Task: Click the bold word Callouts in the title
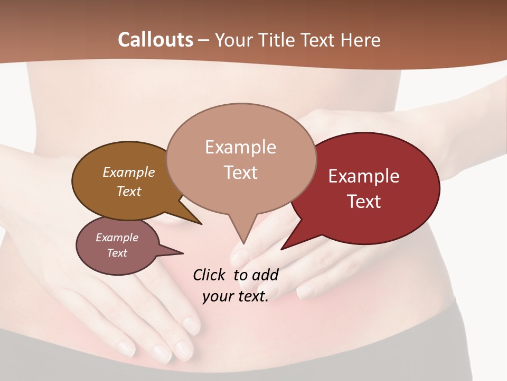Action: tap(155, 40)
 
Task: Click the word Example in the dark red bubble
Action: tap(364, 176)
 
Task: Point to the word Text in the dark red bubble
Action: tap(364, 202)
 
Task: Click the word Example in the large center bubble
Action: tap(240, 147)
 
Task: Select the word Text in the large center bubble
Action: tap(240, 173)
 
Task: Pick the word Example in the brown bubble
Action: tap(128, 173)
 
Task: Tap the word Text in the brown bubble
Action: tap(128, 192)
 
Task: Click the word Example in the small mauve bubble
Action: tap(117, 238)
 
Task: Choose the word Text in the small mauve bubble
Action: tap(117, 253)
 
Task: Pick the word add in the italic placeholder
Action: tap(265, 275)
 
